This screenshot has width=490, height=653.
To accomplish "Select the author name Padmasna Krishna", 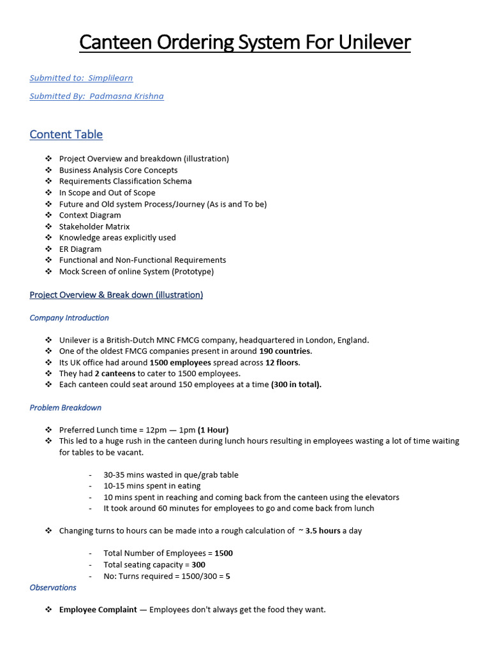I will [x=127, y=96].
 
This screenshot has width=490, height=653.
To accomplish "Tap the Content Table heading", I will [x=66, y=135].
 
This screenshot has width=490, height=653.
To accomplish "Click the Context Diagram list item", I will [x=90, y=215].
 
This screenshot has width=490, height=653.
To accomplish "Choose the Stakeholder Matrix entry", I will [x=94, y=226].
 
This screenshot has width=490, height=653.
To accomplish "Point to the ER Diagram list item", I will [x=80, y=249].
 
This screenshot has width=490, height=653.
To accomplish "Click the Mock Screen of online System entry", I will [x=137, y=271].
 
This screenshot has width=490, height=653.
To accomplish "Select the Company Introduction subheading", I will [x=69, y=318].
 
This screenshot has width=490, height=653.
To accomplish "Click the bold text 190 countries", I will [x=285, y=351].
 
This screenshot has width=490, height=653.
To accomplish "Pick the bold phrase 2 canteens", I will [x=115, y=374].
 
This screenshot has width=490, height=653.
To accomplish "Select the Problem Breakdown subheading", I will [x=65, y=407].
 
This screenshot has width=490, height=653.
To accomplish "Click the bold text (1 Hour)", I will [x=212, y=430].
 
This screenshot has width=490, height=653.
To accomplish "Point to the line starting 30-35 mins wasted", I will [x=171, y=475].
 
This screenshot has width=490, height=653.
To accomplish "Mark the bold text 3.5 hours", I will [x=323, y=531].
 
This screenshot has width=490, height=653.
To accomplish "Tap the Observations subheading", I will [x=53, y=587].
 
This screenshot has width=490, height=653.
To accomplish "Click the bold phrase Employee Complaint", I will [x=98, y=610].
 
